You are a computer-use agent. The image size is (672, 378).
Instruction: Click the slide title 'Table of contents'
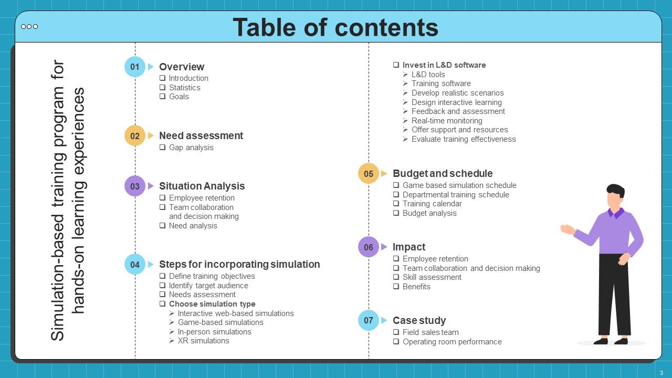335,27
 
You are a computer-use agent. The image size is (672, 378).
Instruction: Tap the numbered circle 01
135,67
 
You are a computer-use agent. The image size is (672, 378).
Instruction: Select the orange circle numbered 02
135,135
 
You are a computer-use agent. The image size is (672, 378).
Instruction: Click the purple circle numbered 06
369,247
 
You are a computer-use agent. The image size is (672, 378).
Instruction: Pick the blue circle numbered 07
369,320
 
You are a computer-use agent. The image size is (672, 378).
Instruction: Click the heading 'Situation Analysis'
202,186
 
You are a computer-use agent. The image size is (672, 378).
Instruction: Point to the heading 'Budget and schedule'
443,173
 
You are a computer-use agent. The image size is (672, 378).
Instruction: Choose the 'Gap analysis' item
191,148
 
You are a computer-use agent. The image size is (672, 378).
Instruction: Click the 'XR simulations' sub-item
203,341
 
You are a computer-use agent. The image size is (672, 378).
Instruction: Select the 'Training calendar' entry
432,204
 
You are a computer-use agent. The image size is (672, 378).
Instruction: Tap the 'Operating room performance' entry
452,342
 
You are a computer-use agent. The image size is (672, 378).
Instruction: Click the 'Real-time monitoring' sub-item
447,121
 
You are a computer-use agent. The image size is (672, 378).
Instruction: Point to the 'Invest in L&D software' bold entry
444,65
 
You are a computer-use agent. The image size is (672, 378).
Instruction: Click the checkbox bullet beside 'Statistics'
163,88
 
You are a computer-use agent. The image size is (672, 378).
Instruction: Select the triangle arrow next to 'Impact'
384,247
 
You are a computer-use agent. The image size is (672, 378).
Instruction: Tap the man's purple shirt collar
615,213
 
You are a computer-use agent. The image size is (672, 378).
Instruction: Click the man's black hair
615,190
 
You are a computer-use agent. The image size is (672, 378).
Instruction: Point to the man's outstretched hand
566,229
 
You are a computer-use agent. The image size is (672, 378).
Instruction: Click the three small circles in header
29,27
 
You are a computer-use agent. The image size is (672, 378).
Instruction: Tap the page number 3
661,373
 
